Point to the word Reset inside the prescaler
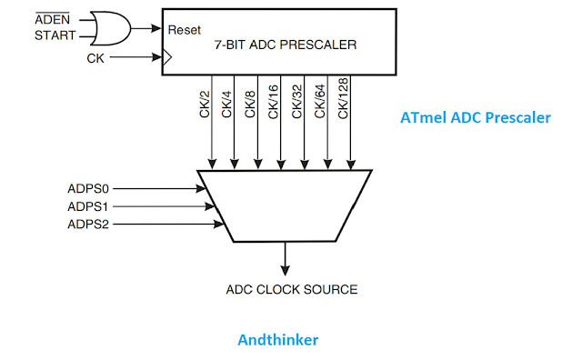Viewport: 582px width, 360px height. (x=184, y=29)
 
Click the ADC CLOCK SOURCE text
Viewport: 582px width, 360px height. (x=291, y=290)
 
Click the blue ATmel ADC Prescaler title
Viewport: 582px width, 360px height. (x=476, y=117)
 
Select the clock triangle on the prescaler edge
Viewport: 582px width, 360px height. (x=166, y=59)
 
